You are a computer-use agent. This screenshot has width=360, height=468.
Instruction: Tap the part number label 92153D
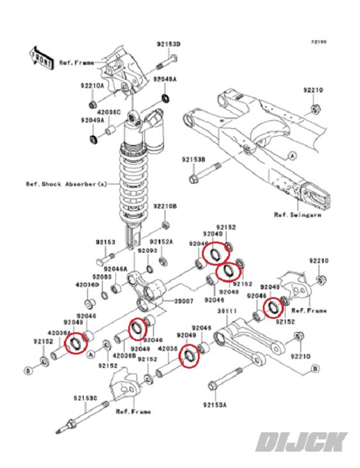click(168, 44)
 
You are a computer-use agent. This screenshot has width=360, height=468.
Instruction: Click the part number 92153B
click(193, 159)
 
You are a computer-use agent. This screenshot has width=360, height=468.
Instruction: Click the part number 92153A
click(215, 404)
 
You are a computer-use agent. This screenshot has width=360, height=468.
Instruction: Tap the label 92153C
click(85, 398)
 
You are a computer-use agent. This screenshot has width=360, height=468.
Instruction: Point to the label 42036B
click(125, 355)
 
